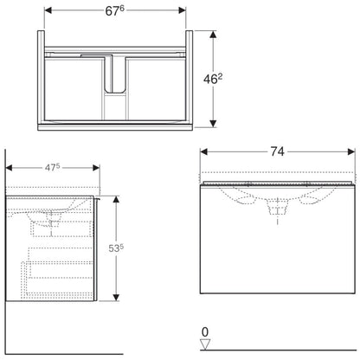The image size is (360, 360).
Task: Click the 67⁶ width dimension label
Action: pos(114,10)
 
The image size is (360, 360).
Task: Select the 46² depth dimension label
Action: pos(213,79)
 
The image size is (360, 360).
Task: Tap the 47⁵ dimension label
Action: pos(52,167)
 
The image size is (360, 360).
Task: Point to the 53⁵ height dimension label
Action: pos(116,248)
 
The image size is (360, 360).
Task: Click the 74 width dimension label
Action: pos(277,151)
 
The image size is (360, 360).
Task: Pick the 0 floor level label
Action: pos(205,332)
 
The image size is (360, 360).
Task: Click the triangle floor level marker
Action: pos(205,344)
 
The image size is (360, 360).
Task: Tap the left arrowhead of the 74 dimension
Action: pos(204,151)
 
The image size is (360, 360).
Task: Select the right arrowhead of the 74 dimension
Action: pos(351,151)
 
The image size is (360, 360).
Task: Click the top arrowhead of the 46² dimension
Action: pos(213,35)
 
